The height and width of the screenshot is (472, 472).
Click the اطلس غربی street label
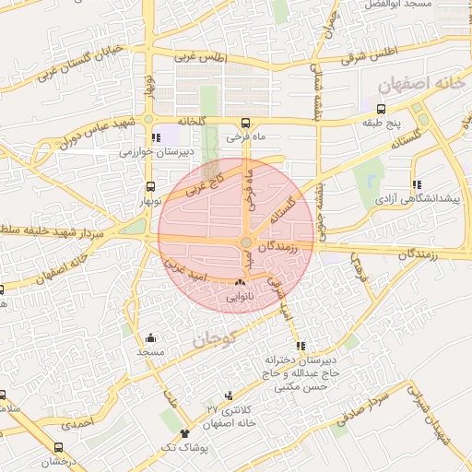[197, 57]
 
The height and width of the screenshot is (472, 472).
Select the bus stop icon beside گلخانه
[244, 123]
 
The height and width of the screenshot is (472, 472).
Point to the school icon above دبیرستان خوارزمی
[155, 138]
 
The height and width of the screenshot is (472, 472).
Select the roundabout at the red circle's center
[247, 242]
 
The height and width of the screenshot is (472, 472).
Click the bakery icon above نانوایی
[240, 282]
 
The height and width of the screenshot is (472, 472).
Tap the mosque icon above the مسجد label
[150, 338]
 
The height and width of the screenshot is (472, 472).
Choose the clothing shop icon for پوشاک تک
[185, 432]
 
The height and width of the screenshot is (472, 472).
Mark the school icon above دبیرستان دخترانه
[301, 345]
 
